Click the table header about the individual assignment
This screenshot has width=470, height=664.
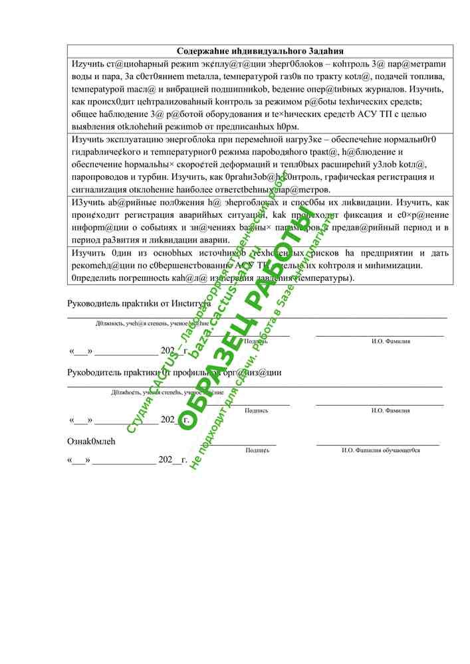[260, 51]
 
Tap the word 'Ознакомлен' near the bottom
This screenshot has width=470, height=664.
[91, 441]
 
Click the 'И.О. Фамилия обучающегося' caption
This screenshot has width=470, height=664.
[381, 450]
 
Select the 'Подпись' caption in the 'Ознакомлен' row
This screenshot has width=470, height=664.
[257, 450]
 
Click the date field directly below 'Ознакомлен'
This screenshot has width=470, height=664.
[127, 459]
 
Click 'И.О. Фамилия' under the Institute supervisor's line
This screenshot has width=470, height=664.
[390, 341]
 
